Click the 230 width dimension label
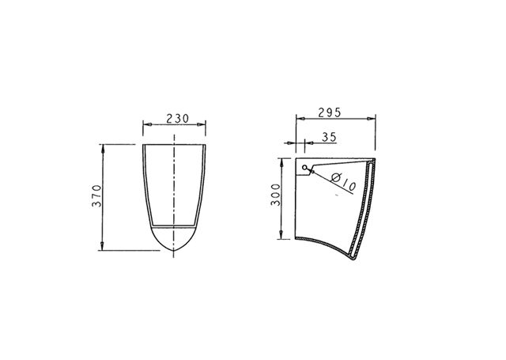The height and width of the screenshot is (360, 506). coord(177,119)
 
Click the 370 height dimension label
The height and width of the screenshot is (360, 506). coord(96,195)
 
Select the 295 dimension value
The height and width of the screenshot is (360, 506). coord(330,112)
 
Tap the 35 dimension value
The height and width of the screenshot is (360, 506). coord(329,137)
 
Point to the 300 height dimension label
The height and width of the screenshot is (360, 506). coord(276,195)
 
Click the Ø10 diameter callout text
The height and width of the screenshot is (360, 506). coord(344,181)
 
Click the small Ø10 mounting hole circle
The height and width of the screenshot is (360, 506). coord(304,167)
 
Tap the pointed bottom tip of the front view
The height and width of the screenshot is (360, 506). coord(174,250)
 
